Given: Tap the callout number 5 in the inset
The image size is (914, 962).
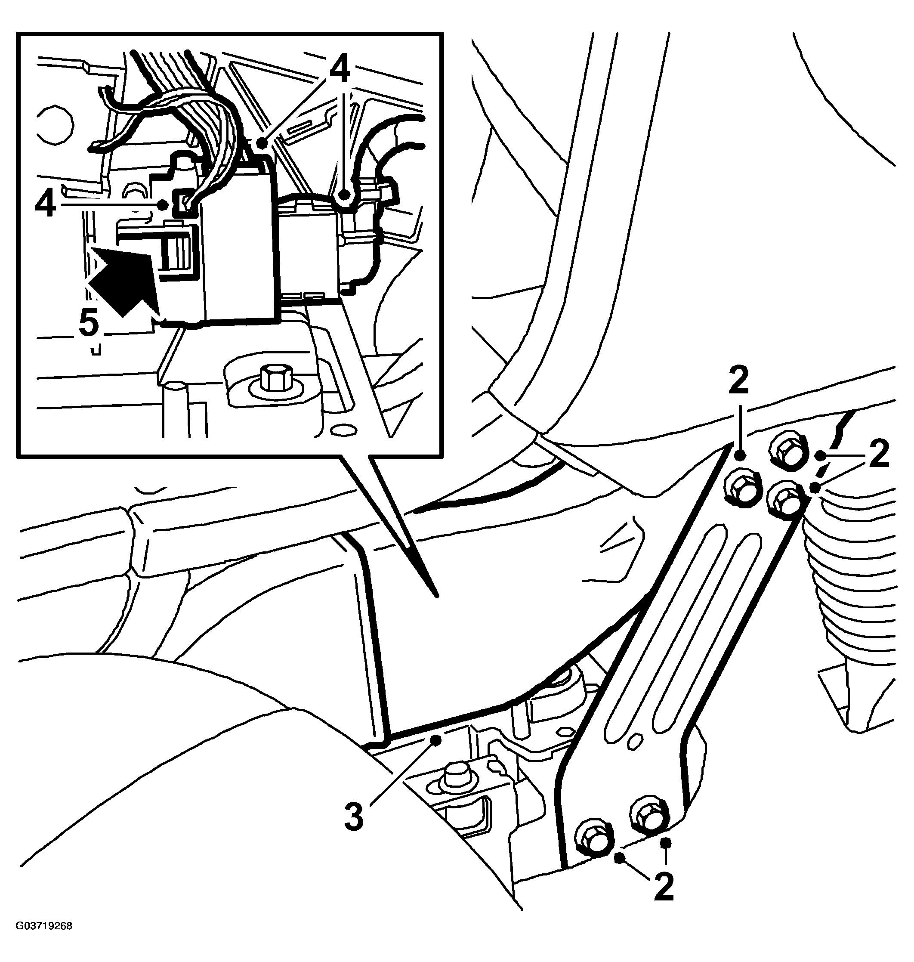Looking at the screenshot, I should click(x=89, y=323).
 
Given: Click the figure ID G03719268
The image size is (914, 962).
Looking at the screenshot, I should click(x=44, y=940).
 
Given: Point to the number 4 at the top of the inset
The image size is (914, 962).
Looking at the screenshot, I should click(x=340, y=71).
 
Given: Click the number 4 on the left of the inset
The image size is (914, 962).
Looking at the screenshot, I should click(x=45, y=205).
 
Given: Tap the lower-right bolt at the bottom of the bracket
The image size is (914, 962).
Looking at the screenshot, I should click(x=649, y=812).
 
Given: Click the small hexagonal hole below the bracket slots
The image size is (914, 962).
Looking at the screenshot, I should click(x=634, y=754).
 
